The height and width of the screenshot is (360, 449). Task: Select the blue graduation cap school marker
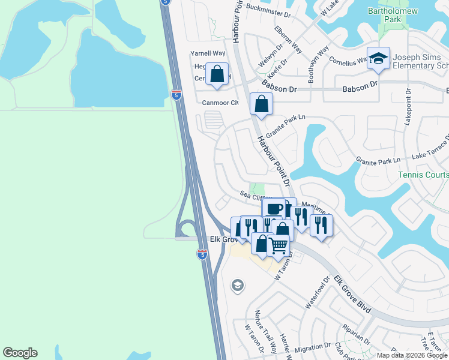click(x=379, y=58)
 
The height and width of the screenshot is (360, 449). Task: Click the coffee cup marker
click(x=274, y=209)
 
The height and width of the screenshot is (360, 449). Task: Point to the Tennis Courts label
click(x=423, y=175)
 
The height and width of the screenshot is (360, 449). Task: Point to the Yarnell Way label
click(x=207, y=53)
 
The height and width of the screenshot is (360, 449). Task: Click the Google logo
click(x=20, y=353)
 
